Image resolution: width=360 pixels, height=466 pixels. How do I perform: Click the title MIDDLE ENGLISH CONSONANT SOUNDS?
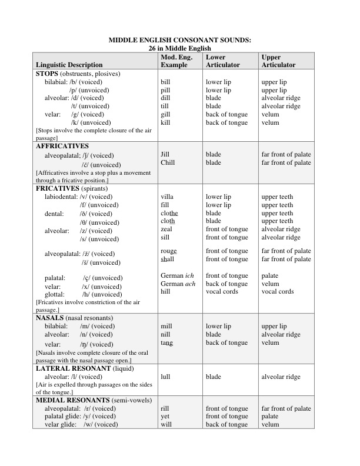(180, 40)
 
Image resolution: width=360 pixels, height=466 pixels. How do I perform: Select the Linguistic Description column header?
(69, 65)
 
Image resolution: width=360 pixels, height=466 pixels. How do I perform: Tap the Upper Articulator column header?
(278, 61)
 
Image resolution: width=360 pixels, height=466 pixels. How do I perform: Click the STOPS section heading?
(49, 74)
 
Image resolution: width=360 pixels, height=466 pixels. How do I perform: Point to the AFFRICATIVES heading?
(62, 145)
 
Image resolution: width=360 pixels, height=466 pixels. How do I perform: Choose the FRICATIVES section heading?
(58, 188)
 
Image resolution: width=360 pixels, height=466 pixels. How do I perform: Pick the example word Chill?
(168, 162)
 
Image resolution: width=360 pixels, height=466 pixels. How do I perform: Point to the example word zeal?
(166, 229)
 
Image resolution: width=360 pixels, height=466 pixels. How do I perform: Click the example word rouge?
(169, 251)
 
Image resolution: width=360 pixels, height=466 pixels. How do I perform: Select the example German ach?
(177, 284)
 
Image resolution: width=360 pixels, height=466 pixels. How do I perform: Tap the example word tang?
(166, 342)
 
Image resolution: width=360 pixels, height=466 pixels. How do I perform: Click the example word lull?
(166, 377)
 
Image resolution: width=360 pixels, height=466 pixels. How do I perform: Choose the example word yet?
(165, 416)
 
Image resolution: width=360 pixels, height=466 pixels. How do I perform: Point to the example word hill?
(165, 292)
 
